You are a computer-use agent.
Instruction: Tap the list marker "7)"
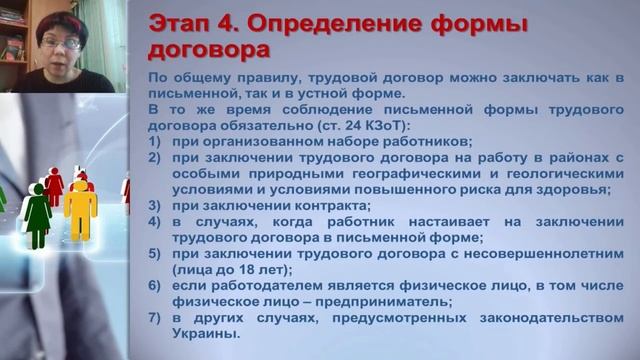154,317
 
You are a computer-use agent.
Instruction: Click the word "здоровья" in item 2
566,189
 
